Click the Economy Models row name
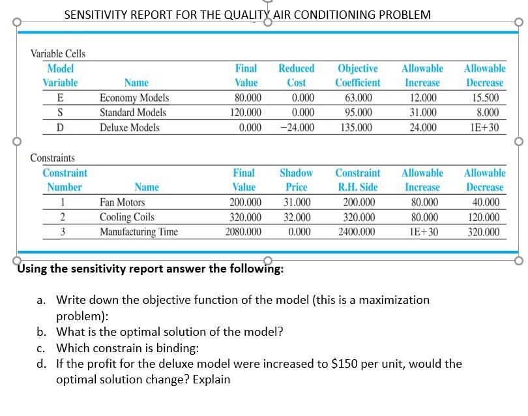134,98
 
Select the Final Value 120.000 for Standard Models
246,112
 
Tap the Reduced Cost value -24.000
297,127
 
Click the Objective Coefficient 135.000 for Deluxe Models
357,127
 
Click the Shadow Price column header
296,180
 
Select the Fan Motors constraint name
123,203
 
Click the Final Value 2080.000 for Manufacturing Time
243,231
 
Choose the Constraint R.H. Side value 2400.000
357,231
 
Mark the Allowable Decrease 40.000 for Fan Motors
484,203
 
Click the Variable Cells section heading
58,53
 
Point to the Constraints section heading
53,158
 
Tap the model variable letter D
60,127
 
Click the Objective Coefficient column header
357,75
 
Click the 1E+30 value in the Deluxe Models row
485,127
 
